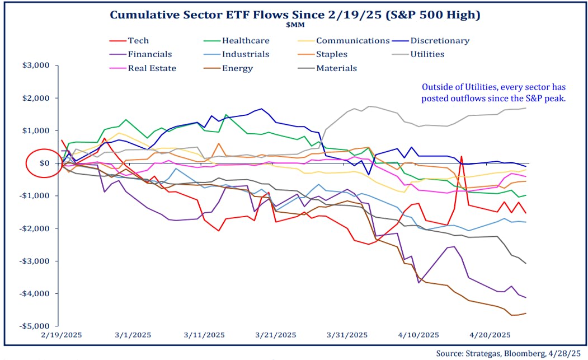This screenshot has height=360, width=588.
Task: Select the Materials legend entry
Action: coord(336,68)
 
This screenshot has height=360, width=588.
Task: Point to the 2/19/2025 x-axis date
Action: coord(61,335)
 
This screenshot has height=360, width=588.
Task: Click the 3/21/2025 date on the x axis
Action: coord(275,335)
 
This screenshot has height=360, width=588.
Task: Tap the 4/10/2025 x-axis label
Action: coord(418,335)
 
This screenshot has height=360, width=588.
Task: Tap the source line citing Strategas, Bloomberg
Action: coord(510,353)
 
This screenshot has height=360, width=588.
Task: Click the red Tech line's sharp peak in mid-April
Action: coord(462,157)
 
